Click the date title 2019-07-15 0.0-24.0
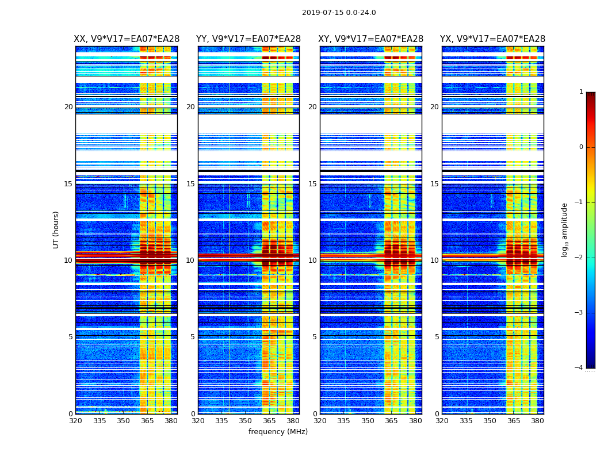pos(339,13)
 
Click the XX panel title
pos(127,39)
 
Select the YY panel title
pos(249,39)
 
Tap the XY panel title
pos(371,39)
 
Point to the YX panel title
pos(493,39)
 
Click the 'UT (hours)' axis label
pos(56,229)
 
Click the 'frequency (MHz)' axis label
pos(278,432)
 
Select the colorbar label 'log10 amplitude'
pos(565,229)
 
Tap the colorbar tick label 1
pos(580,92)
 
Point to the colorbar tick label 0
pos(580,147)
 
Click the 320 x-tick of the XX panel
pos(75,421)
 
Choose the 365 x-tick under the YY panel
pos(269,421)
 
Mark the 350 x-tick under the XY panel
pos(368,421)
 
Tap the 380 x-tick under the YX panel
pos(537,421)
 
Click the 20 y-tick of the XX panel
pos(68,107)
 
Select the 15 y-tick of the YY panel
pos(190,184)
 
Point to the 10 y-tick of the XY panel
pos(312,260)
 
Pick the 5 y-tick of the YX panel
pos(437,337)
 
